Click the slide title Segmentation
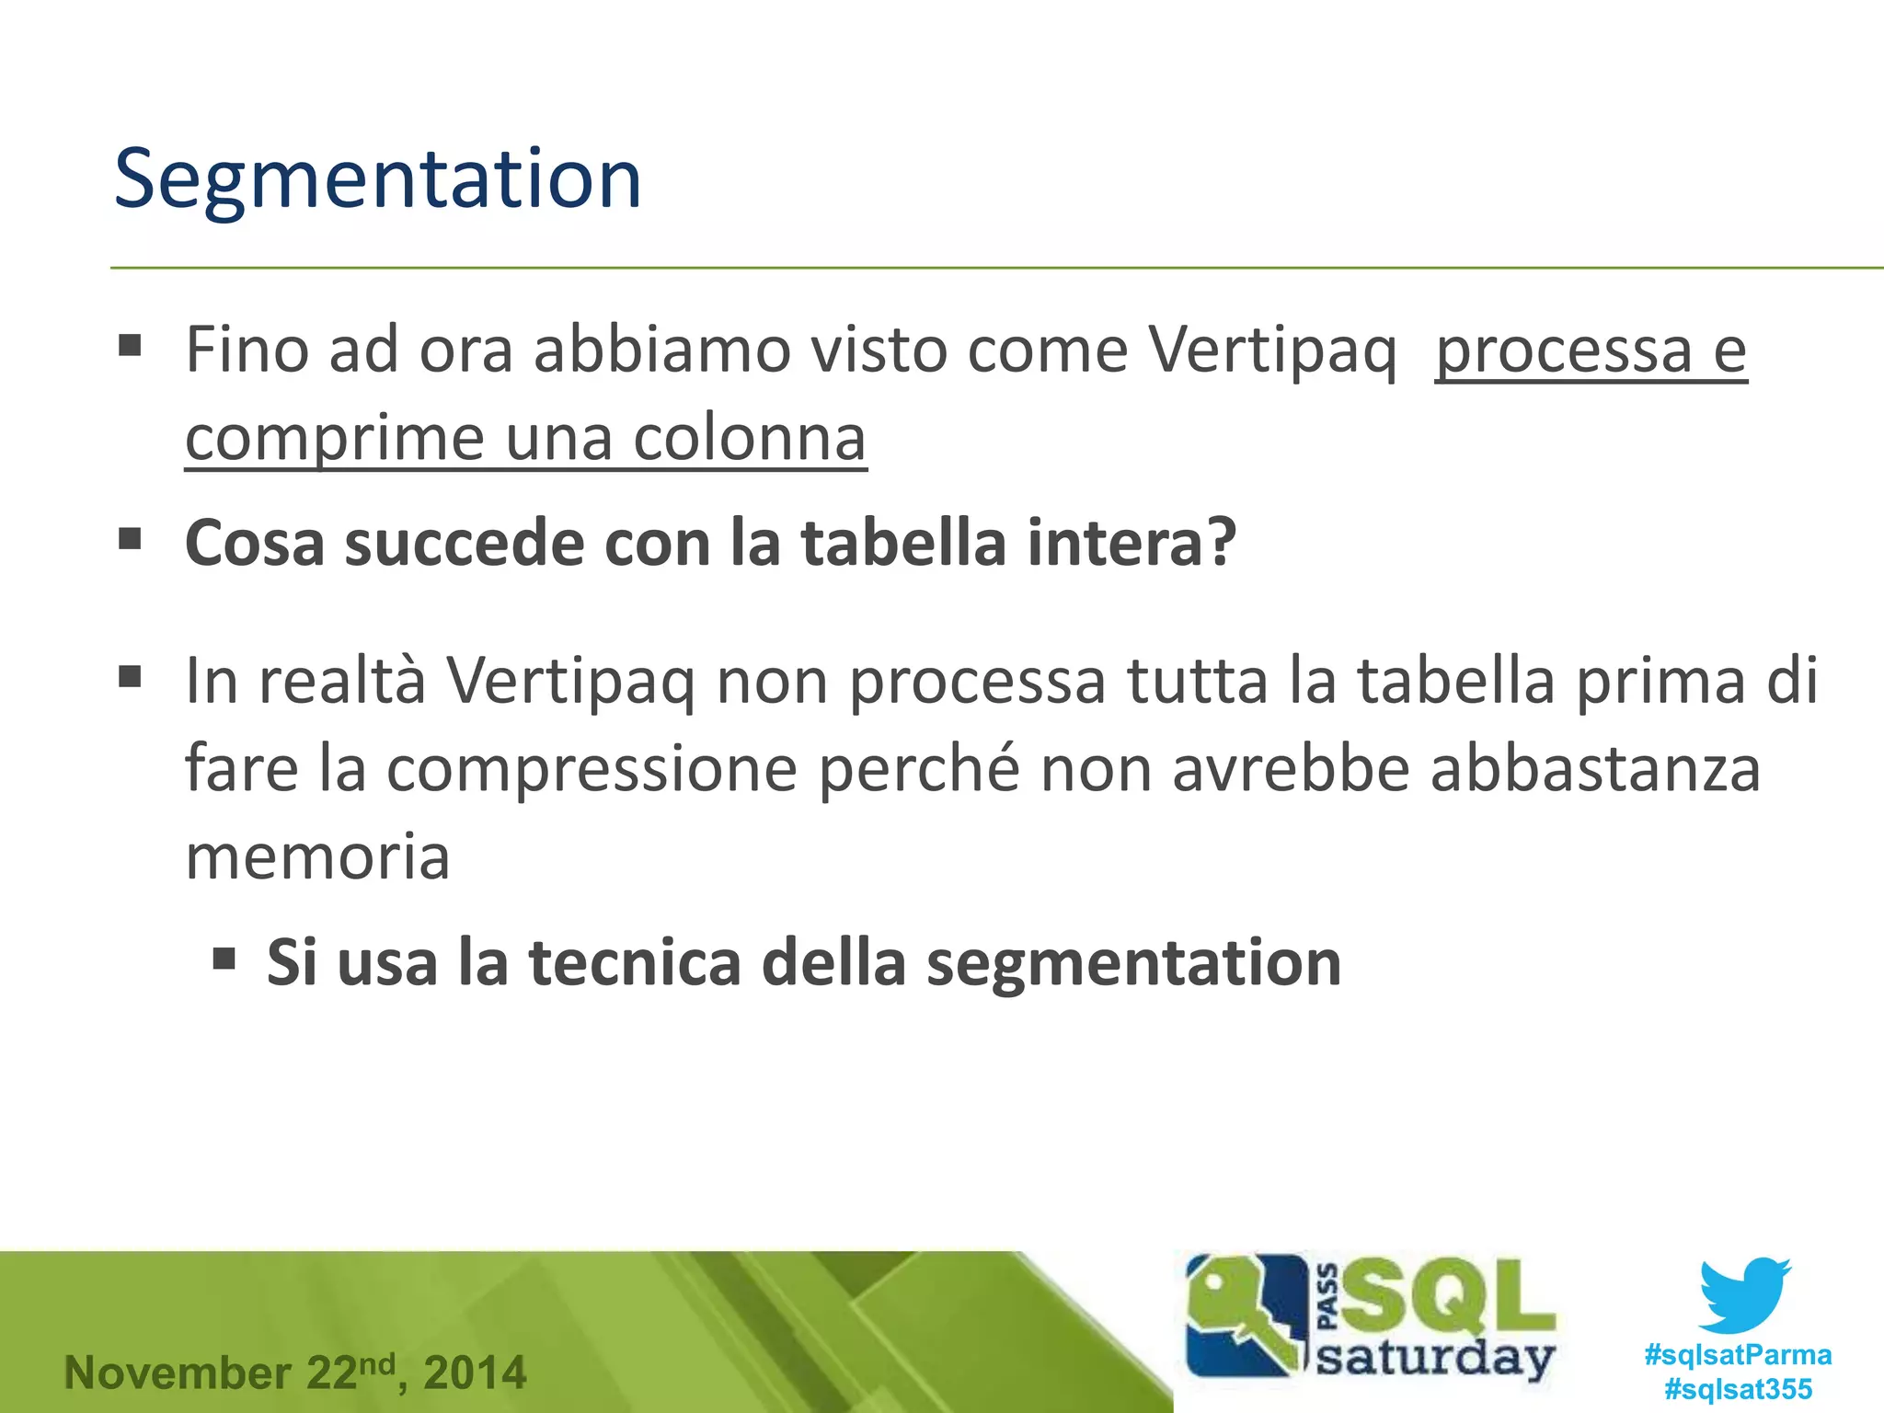point(377,179)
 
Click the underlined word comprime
point(334,438)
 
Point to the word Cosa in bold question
point(255,543)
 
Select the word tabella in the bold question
point(903,543)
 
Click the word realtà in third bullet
point(342,682)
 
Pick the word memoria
point(317,856)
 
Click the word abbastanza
point(1595,769)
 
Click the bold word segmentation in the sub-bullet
point(1133,963)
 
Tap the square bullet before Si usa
point(224,960)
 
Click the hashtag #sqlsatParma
point(1738,1355)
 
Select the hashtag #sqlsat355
point(1738,1389)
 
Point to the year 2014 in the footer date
point(475,1373)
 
